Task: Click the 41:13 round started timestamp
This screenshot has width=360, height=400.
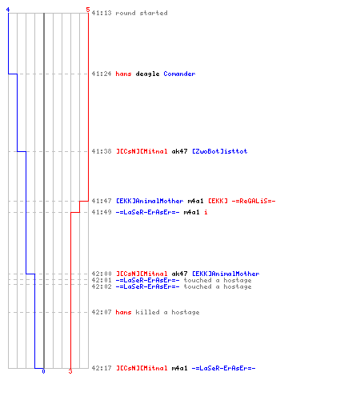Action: (102, 13)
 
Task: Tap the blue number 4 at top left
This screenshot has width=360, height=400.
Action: (8, 10)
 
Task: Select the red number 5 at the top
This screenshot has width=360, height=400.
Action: (88, 10)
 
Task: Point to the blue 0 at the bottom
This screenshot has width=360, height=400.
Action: (43, 371)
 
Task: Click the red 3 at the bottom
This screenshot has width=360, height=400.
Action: (70, 371)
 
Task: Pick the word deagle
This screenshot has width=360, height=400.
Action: (147, 74)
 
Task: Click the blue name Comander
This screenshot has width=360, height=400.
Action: (179, 74)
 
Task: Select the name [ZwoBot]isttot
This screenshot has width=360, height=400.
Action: (220, 151)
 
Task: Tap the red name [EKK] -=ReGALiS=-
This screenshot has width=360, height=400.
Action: (242, 201)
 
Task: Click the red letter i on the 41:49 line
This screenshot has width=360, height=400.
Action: (206, 212)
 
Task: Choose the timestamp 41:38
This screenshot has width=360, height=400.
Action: (102, 151)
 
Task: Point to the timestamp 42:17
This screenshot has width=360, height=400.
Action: (102, 368)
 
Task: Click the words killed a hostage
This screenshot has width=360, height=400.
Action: (167, 312)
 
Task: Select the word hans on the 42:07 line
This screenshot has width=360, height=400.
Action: (123, 312)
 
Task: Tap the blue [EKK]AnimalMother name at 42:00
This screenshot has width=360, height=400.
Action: (226, 274)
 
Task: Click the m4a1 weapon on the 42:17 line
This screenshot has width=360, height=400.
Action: (179, 368)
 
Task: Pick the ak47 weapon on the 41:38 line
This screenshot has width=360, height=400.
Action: (179, 151)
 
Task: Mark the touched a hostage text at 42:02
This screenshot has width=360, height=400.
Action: (218, 286)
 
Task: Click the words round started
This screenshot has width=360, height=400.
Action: (142, 13)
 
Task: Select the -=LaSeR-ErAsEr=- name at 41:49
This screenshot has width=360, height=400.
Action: (147, 212)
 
